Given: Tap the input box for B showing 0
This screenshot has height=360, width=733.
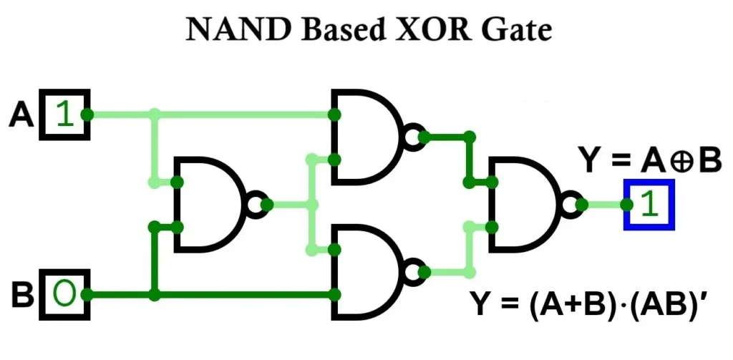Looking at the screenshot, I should pyautogui.click(x=64, y=294).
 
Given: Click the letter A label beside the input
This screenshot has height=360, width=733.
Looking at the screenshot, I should pyautogui.click(x=21, y=115).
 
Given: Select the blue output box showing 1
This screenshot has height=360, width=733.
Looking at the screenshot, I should pyautogui.click(x=649, y=205).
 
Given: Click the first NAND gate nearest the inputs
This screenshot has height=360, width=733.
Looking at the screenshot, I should pyautogui.click(x=210, y=205).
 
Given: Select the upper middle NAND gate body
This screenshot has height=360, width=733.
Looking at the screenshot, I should pyautogui.click(x=365, y=136).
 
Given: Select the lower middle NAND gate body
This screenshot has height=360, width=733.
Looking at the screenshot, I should pyautogui.click(x=365, y=272).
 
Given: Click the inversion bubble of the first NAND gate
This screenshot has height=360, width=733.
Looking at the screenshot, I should pyautogui.click(x=256, y=205).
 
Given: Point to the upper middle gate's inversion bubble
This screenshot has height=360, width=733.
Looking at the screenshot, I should pyautogui.click(x=412, y=136).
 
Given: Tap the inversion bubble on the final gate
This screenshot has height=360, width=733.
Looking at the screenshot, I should pyautogui.click(x=569, y=205).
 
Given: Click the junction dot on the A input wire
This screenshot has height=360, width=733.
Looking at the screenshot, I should pyautogui.click(x=154, y=115).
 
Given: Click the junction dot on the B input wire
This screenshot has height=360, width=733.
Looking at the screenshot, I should pyautogui.click(x=154, y=294).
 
